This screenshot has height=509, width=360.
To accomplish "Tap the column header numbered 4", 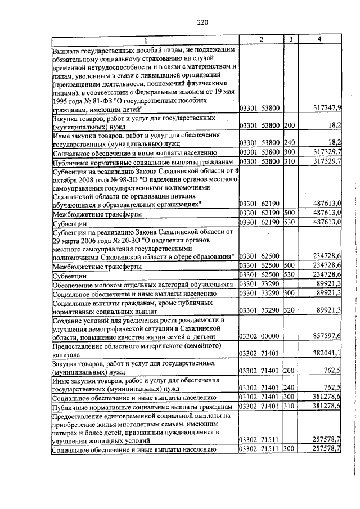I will click(x=319, y=39).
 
